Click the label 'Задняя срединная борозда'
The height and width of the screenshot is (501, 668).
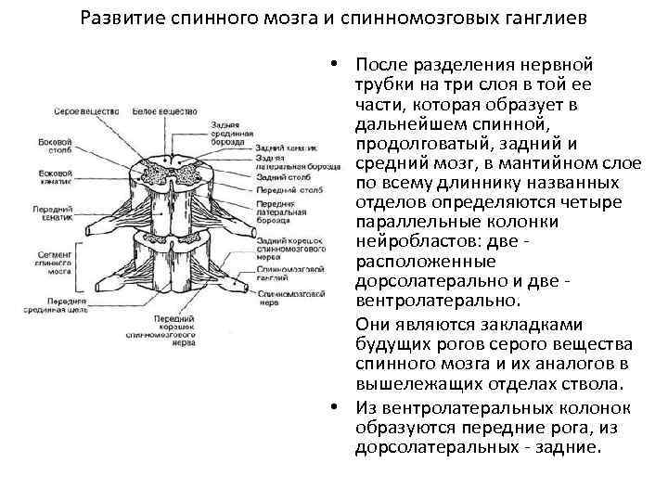point(233,134)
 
